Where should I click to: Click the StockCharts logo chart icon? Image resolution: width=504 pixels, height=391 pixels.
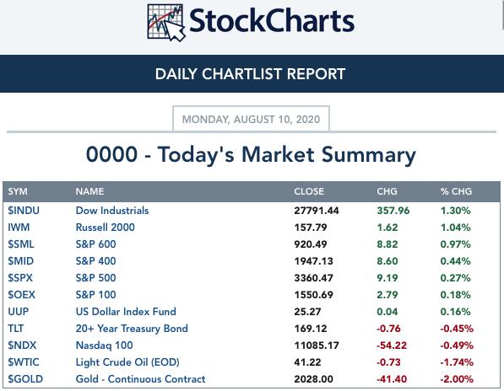coord(166,23)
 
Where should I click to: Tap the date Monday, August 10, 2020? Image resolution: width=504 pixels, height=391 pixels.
coord(251,120)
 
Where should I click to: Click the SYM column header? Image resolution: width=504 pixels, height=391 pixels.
coord(18,191)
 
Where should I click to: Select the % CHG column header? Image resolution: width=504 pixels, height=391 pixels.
coord(456,191)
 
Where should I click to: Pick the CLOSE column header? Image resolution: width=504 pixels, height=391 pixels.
coord(309,191)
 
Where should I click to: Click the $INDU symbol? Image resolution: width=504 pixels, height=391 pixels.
coord(24,211)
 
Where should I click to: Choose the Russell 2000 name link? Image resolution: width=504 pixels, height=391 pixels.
coord(106,228)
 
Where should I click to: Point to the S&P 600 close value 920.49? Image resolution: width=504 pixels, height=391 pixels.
coord(311,244)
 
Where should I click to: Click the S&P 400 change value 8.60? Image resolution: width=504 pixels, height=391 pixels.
coord(387,261)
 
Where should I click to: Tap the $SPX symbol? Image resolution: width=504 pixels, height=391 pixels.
coord(20,278)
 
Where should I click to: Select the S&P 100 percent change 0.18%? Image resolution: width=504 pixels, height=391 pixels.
coord(456,295)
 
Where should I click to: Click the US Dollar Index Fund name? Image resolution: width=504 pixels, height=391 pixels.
coord(126,312)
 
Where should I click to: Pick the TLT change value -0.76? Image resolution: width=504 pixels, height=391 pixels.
coord(388,329)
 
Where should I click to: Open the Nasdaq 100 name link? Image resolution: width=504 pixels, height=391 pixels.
coord(104,345)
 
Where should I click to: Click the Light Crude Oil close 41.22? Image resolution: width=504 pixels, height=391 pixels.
coord(307,362)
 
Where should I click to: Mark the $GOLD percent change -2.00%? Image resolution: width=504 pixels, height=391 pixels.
coord(457,379)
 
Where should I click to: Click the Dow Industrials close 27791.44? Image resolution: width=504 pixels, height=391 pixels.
coord(317,211)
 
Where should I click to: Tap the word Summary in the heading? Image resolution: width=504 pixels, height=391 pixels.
coord(369,155)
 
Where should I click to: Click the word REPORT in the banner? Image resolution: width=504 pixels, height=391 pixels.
coord(316,74)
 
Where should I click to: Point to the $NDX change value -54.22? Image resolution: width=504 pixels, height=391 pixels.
coord(392,345)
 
